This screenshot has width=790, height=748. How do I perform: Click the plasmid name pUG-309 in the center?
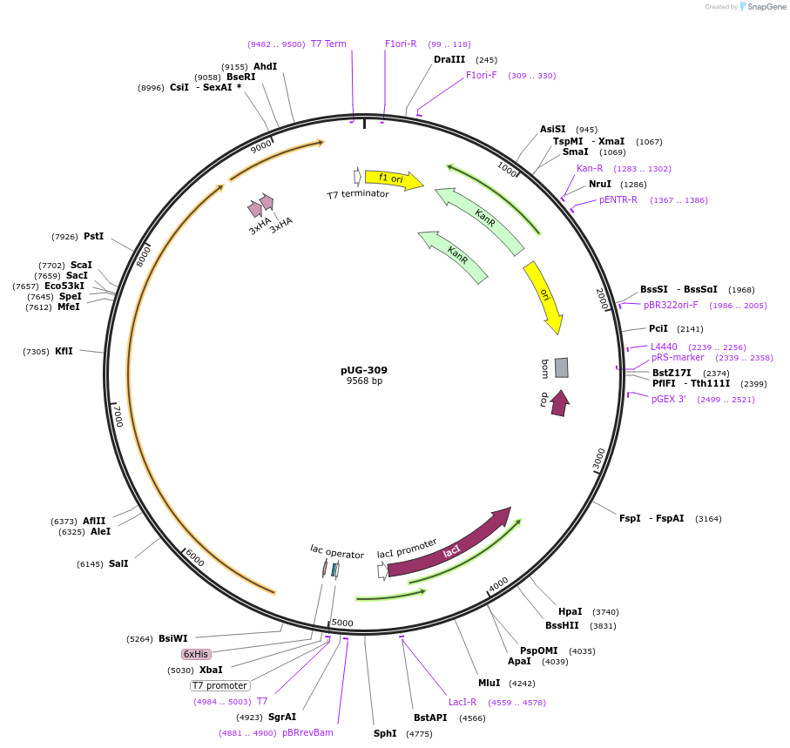click(x=364, y=370)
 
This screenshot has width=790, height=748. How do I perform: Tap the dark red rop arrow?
click(x=560, y=402)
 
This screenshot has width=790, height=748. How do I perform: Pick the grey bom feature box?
click(x=561, y=367)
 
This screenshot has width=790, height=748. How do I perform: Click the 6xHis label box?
click(x=196, y=654)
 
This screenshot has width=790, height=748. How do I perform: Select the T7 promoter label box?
click(x=220, y=685)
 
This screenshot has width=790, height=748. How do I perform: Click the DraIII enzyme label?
click(x=449, y=60)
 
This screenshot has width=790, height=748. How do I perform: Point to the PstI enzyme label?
click(x=93, y=236)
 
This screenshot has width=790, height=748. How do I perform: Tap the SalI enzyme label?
click(x=118, y=563)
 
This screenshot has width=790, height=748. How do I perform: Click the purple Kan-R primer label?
click(x=590, y=168)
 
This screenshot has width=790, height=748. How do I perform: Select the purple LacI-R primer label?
click(x=463, y=702)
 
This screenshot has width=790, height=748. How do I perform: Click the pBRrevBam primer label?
click(x=307, y=732)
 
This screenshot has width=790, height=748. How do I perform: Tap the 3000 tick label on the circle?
click(x=598, y=459)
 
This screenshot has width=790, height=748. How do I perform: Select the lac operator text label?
click(x=337, y=552)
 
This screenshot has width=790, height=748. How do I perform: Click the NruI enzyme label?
click(x=600, y=184)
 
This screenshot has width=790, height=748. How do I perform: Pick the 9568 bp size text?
click(x=364, y=381)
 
